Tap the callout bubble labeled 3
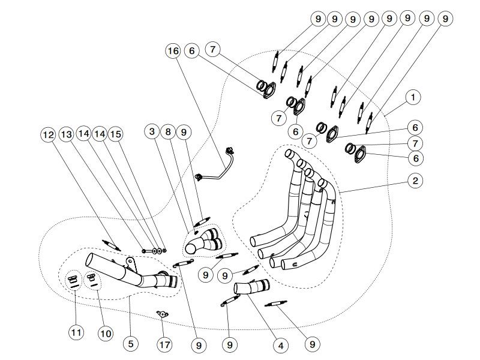point(152,131)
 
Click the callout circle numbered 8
point(169,131)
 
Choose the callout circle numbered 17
point(164,345)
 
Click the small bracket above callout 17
point(161,314)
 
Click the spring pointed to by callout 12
point(112,245)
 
